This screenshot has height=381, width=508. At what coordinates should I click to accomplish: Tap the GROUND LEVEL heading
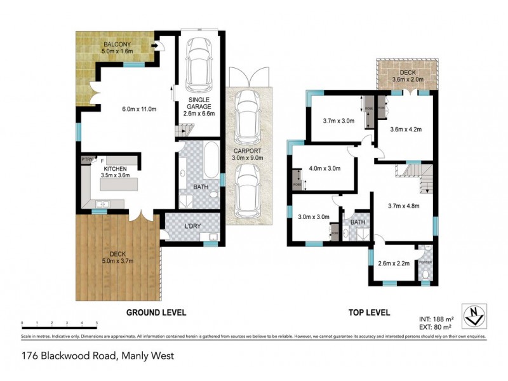(156, 312)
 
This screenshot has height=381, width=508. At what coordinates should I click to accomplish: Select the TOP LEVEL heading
(369, 312)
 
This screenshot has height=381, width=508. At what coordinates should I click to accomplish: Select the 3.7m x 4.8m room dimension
(404, 205)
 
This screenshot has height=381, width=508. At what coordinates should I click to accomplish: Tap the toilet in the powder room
(426, 274)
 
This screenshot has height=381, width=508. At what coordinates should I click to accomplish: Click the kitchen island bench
(119, 186)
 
